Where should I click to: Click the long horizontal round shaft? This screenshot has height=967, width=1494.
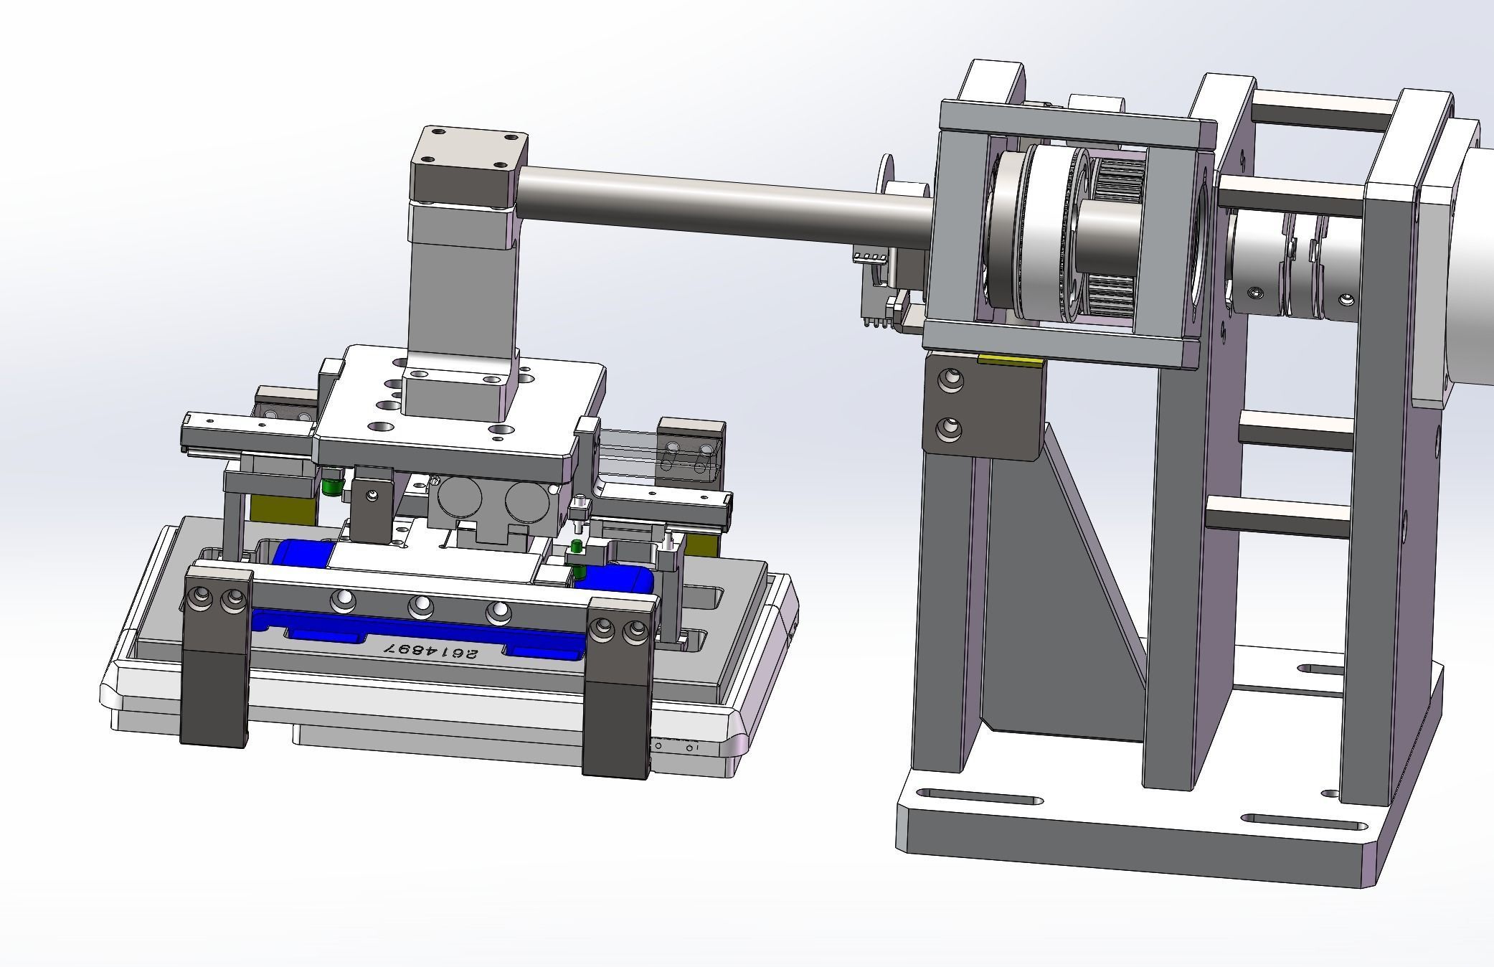tap(717, 202)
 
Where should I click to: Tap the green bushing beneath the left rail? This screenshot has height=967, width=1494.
tap(330, 486)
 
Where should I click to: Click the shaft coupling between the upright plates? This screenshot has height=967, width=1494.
tap(1284, 265)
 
